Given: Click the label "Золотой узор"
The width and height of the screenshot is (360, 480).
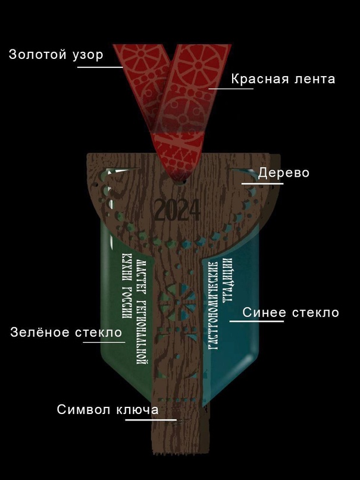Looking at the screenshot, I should pyautogui.click(x=56, y=55).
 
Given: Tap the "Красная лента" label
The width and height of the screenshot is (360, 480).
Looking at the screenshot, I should pyautogui.click(x=283, y=79).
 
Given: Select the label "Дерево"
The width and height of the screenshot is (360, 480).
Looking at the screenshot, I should pyautogui.click(x=284, y=173).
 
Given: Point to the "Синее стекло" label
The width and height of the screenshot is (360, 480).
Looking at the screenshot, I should pyautogui.click(x=290, y=312).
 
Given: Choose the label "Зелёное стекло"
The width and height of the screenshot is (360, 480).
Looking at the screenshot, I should pyautogui.click(x=66, y=332).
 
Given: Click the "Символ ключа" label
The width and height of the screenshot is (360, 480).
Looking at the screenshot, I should pyautogui.click(x=108, y=410).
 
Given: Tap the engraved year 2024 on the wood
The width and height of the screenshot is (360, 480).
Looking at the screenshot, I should pyautogui.click(x=177, y=210).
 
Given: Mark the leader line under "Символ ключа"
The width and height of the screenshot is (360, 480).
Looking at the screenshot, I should pyautogui.click(x=151, y=420).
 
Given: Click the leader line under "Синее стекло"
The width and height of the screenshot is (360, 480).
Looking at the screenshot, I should pyautogui.click(x=256, y=322).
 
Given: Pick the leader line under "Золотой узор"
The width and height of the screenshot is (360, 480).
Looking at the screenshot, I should pyautogui.click(x=100, y=67).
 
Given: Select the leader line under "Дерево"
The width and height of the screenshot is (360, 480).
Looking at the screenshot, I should pyautogui.click(x=262, y=184).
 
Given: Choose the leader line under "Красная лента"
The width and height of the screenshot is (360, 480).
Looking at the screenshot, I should pyautogui.click(x=230, y=89).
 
